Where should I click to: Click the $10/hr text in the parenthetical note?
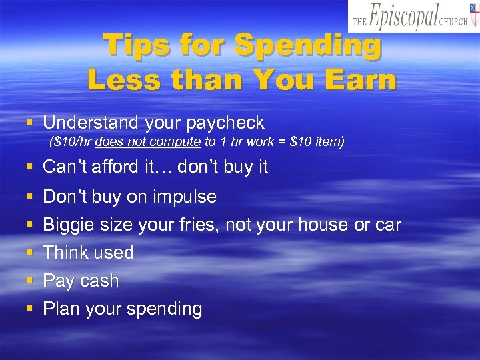click(x=72, y=142)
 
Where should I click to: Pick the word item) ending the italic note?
click(x=327, y=142)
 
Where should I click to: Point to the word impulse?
click(x=185, y=197)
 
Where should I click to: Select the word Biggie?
click(x=69, y=225)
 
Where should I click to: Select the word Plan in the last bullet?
click(x=60, y=309)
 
